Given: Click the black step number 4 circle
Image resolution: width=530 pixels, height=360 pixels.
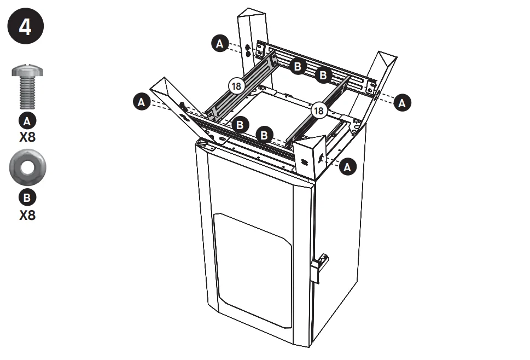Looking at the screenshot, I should (26, 28).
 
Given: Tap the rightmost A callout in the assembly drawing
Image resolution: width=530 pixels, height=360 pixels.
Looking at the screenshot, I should (403, 102).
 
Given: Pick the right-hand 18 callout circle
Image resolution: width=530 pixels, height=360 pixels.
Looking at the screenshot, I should (319, 111).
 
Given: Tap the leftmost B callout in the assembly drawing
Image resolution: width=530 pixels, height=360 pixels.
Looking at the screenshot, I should (239, 125).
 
